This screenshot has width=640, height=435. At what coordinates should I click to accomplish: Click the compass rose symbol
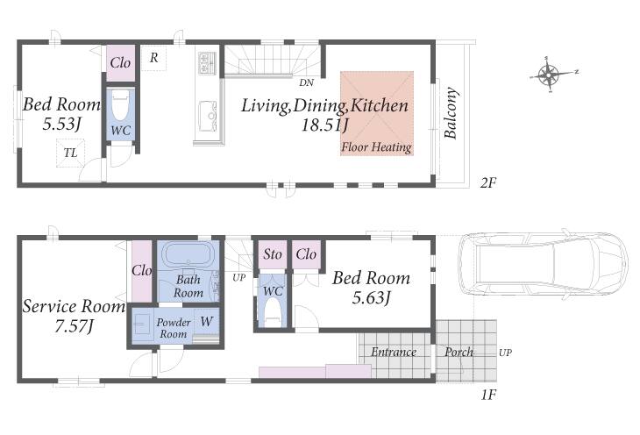[x=550, y=75]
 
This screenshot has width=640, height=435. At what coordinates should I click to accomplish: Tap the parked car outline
[x=544, y=264]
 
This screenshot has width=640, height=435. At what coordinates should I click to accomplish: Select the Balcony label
[x=451, y=113]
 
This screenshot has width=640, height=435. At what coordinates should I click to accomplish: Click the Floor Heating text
[x=376, y=147]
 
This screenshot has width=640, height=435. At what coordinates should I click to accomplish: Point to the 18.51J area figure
[x=324, y=125]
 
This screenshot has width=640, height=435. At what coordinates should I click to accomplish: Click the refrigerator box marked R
[x=154, y=58]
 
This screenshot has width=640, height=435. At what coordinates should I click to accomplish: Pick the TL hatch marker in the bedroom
[x=70, y=153]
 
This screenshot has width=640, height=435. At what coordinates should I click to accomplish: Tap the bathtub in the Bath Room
[x=188, y=254]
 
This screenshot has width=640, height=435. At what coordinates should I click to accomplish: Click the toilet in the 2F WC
[x=120, y=105]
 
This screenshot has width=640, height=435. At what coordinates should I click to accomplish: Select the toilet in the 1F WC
[x=273, y=313]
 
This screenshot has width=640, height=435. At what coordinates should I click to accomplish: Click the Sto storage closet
[x=273, y=254]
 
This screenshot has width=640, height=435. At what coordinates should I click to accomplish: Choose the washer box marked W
[x=207, y=322]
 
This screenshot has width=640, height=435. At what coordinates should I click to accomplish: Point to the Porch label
[x=459, y=352]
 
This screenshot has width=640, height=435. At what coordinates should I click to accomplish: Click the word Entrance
[x=394, y=352]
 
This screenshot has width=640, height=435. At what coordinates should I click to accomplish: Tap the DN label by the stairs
[x=307, y=83]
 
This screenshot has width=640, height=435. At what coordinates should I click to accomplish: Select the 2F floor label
[x=487, y=183]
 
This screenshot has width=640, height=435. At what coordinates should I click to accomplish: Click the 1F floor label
[x=488, y=395]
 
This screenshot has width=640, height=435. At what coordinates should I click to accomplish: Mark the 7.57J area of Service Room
[x=75, y=326]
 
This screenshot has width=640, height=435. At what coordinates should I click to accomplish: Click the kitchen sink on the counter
[x=208, y=116]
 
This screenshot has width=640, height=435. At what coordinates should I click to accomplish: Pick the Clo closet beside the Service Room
[x=142, y=271]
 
